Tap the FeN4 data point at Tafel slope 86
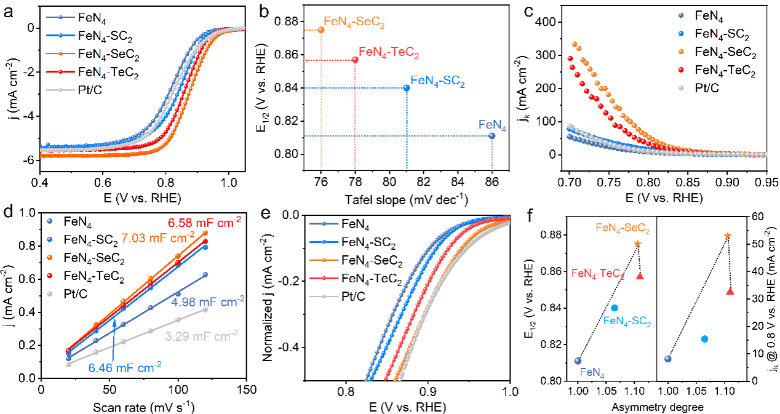492,135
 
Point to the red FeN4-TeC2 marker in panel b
355,59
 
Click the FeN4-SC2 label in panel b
437,81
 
